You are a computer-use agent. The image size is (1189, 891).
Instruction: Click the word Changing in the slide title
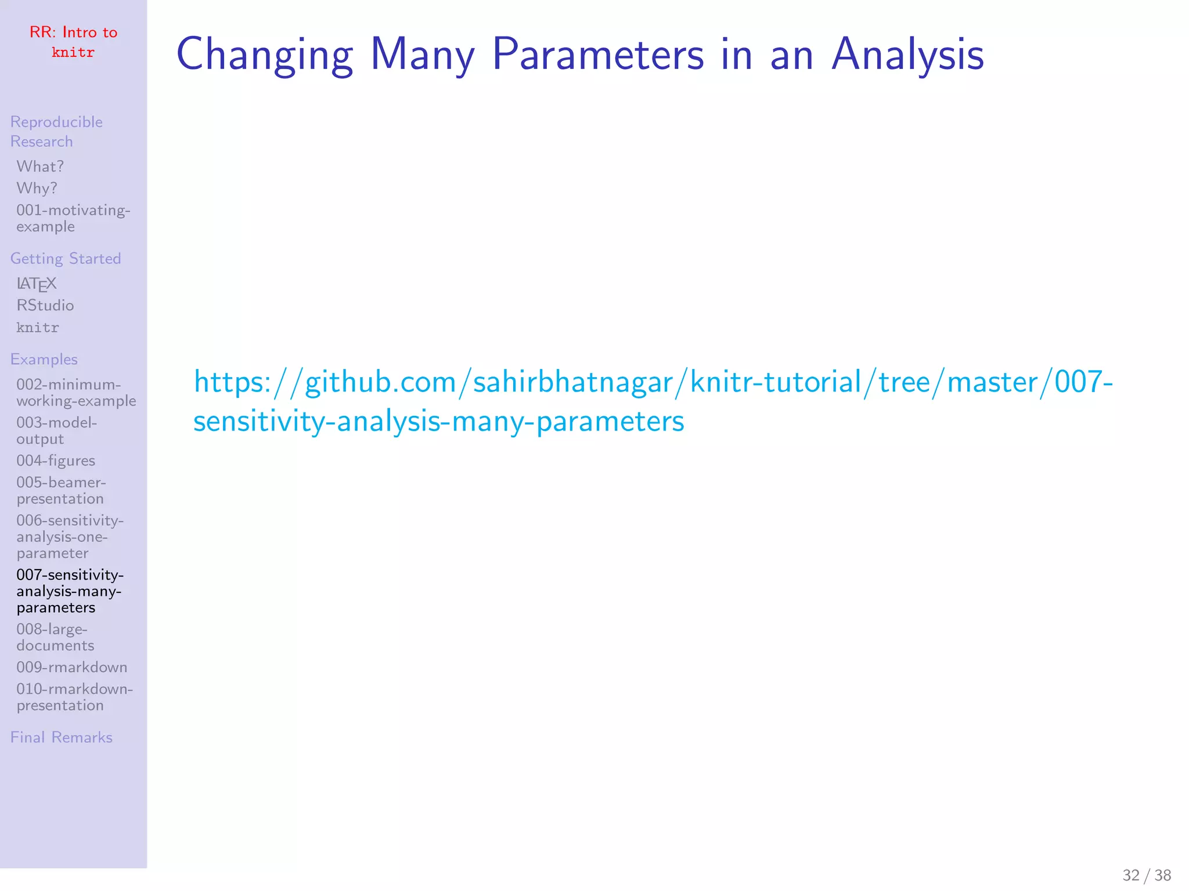click(x=265, y=55)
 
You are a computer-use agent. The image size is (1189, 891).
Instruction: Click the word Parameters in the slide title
click(x=597, y=55)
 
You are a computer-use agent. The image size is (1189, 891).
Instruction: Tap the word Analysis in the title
click(x=907, y=55)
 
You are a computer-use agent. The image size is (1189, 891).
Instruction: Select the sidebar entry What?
click(x=40, y=166)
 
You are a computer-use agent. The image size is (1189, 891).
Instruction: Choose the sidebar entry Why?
click(x=37, y=189)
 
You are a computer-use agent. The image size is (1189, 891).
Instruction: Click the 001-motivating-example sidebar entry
click(x=73, y=218)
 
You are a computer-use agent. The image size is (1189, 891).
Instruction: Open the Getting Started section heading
click(x=66, y=258)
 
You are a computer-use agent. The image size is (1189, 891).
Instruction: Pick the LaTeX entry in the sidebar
click(x=37, y=284)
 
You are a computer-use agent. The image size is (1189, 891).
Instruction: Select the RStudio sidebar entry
click(x=45, y=305)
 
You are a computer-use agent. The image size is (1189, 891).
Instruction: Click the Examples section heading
click(x=44, y=359)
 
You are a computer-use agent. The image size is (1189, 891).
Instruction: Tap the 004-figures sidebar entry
click(x=56, y=461)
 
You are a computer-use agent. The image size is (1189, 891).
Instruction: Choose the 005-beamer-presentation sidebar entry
click(x=60, y=490)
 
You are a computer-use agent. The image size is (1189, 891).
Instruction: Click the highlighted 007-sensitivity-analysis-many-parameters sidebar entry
click(x=69, y=591)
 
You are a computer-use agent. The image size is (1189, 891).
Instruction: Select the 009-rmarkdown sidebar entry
click(x=71, y=667)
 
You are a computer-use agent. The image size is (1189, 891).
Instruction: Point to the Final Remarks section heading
click(x=62, y=737)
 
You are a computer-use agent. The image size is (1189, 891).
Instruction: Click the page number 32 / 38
click(x=1146, y=875)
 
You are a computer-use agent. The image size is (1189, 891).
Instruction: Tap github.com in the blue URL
click(x=380, y=382)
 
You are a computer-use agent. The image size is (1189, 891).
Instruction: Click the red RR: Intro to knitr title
click(x=73, y=42)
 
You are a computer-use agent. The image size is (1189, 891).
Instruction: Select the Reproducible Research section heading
click(x=56, y=132)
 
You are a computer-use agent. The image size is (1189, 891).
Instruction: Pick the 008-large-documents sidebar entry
click(x=55, y=637)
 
